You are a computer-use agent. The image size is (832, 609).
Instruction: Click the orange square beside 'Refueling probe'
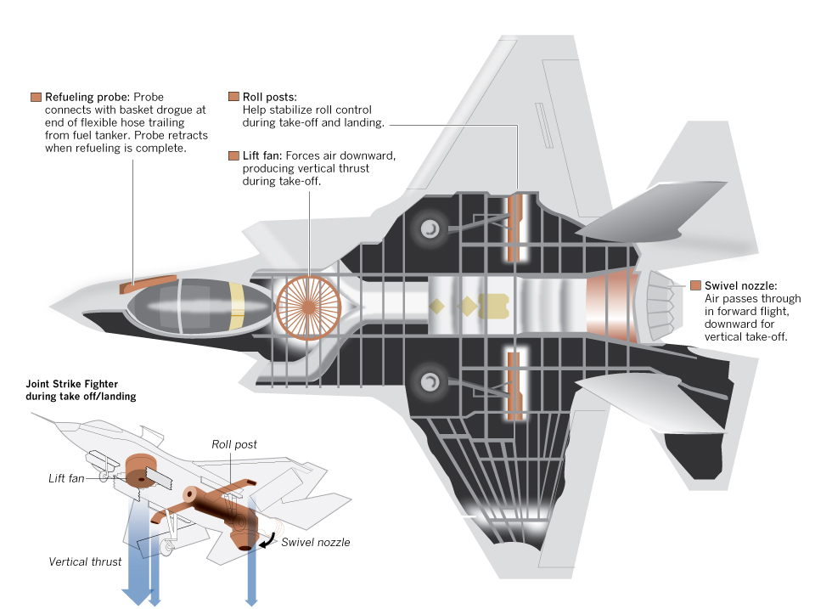pyautogui.click(x=36, y=97)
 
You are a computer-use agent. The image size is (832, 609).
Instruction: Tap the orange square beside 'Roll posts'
pyautogui.click(x=234, y=97)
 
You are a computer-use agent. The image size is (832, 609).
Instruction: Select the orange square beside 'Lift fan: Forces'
pyautogui.click(x=234, y=155)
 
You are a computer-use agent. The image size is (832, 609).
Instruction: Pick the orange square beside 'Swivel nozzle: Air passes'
pyautogui.click(x=696, y=285)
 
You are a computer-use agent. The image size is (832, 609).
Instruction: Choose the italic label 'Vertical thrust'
pyautogui.click(x=84, y=561)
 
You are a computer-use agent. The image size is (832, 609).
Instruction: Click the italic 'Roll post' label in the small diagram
pyautogui.click(x=234, y=444)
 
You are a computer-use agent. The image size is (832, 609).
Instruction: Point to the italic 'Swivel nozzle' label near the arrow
pyautogui.click(x=316, y=542)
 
